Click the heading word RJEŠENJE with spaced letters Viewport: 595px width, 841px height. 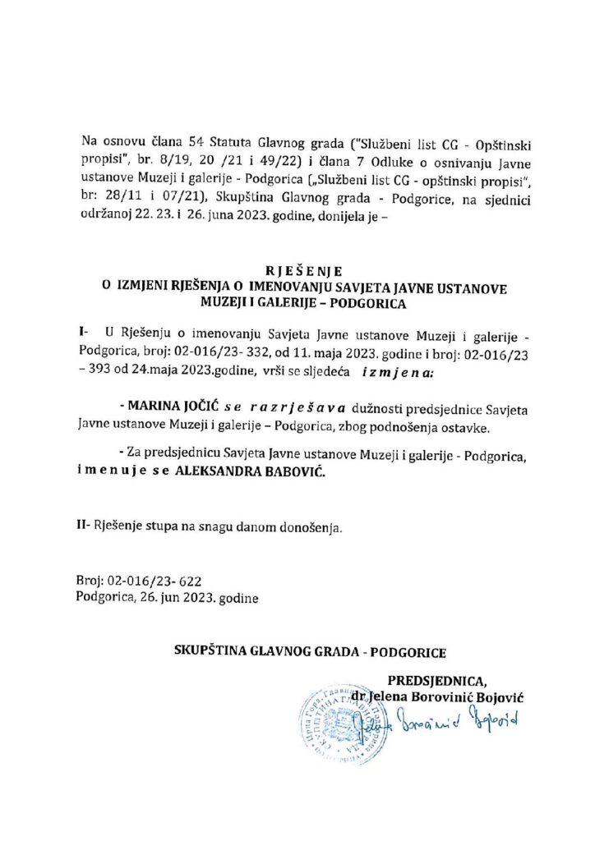(297, 269)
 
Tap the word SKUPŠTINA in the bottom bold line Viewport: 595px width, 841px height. (212, 653)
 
